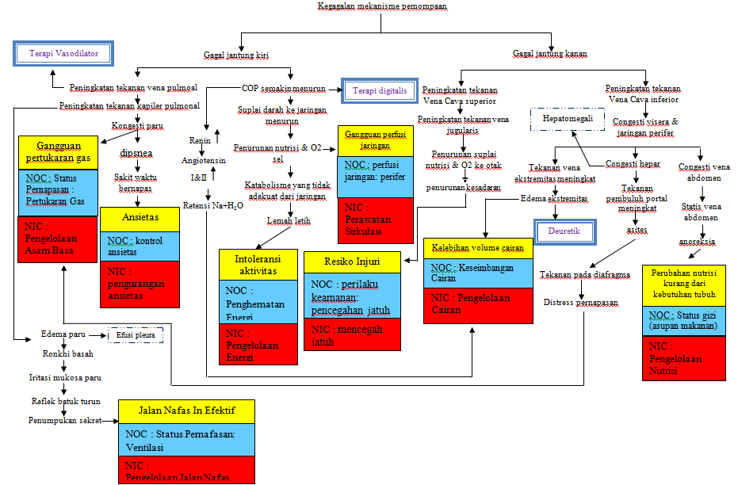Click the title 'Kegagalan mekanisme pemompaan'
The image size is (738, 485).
[381, 6]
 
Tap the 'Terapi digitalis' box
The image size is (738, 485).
[380, 91]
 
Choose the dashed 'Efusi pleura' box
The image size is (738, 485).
[136, 335]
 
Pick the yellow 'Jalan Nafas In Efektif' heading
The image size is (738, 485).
[187, 411]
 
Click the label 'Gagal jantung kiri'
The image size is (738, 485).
[235, 55]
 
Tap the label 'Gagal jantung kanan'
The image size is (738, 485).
[549, 55]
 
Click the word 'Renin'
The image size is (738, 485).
[198, 140]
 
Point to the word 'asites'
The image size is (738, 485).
[637, 229]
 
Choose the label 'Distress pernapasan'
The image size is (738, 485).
[581, 303]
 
